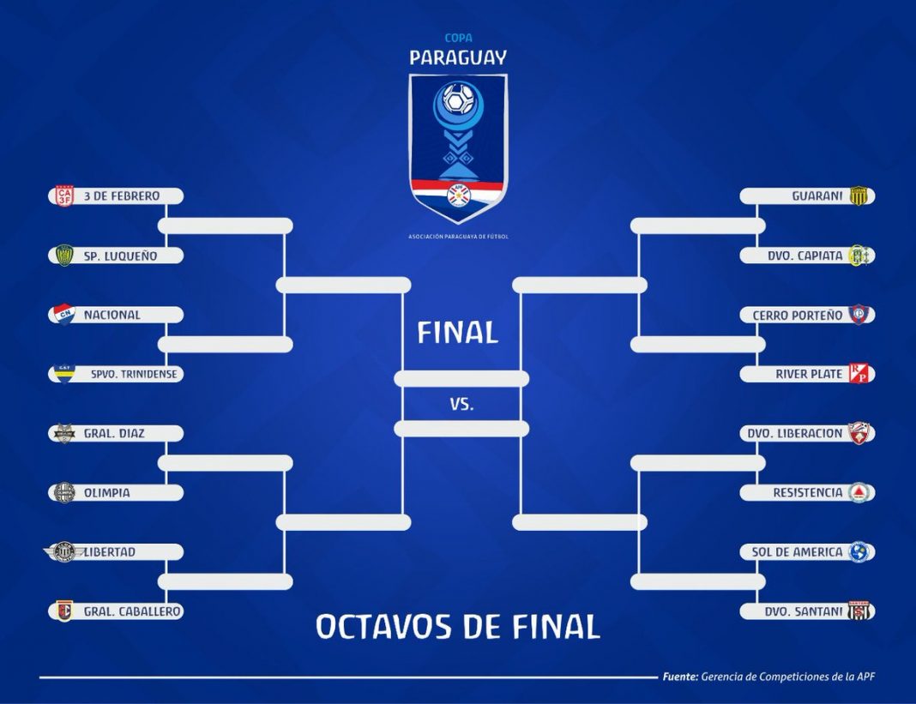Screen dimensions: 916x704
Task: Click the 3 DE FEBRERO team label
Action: coord(122,196)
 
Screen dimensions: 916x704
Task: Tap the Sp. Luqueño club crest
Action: coord(63,256)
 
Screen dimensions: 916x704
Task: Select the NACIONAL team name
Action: coord(112,315)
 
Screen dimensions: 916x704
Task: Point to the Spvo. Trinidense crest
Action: coord(63,374)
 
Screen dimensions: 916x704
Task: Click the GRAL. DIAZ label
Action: coord(114,434)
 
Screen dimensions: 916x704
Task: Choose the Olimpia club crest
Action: coord(64,492)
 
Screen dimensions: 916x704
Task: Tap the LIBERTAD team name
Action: coord(110,552)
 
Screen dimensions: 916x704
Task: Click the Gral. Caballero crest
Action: coord(64,611)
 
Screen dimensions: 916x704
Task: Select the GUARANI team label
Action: coord(817,196)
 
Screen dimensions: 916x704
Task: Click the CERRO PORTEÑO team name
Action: coord(798,316)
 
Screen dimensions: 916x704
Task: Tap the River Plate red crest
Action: coord(859,373)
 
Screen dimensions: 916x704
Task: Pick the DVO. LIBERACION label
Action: coord(795,434)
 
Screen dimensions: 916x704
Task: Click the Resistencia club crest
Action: coord(859,492)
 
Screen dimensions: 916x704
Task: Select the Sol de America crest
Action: coord(859,552)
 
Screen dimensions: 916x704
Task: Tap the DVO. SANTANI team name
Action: coord(804,611)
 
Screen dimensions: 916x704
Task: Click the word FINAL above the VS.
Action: coord(457,333)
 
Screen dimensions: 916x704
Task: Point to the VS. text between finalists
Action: coord(461,404)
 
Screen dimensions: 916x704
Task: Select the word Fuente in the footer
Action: coord(680,677)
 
